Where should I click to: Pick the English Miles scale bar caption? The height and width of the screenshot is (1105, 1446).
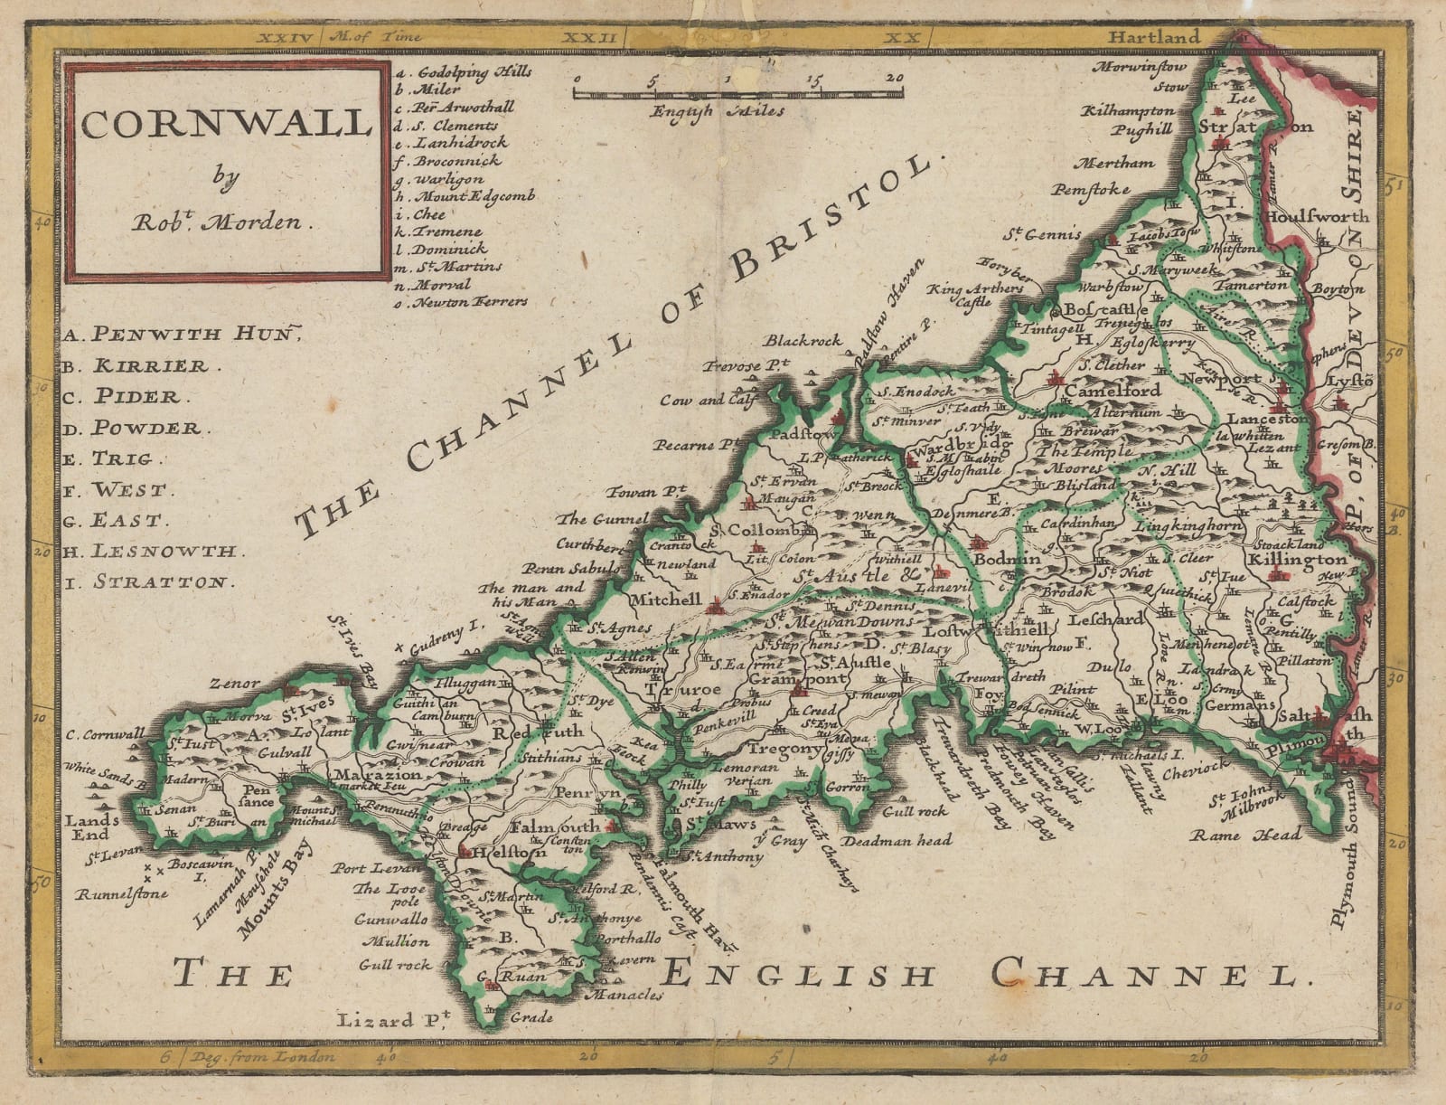pos(718,111)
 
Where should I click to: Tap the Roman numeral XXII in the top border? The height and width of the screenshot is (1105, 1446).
pos(589,37)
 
